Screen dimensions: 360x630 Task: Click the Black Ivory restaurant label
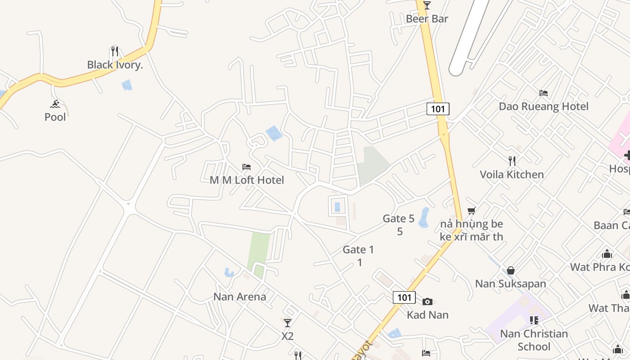115,65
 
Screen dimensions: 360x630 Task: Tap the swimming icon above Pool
55,104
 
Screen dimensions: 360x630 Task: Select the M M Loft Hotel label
247,180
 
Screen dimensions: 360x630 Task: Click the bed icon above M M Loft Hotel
247,167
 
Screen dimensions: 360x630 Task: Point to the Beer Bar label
427,19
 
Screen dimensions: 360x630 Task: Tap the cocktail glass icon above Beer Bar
427,5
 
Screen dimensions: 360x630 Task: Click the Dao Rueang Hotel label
543,106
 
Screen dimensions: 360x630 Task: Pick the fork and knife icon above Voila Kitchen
512,161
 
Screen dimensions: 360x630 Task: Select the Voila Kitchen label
512,175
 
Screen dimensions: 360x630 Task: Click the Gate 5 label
399,219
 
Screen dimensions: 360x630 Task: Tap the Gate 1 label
359,250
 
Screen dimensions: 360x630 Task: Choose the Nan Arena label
239,297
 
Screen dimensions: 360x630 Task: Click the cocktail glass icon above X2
288,323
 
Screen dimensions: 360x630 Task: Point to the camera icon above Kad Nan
427,301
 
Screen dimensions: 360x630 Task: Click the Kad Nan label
427,315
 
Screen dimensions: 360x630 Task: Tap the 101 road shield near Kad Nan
404,297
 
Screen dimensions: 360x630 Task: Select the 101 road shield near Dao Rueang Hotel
438,109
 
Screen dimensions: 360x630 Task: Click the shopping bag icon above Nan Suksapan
511,270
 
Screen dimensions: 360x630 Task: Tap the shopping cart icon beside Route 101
472,211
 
